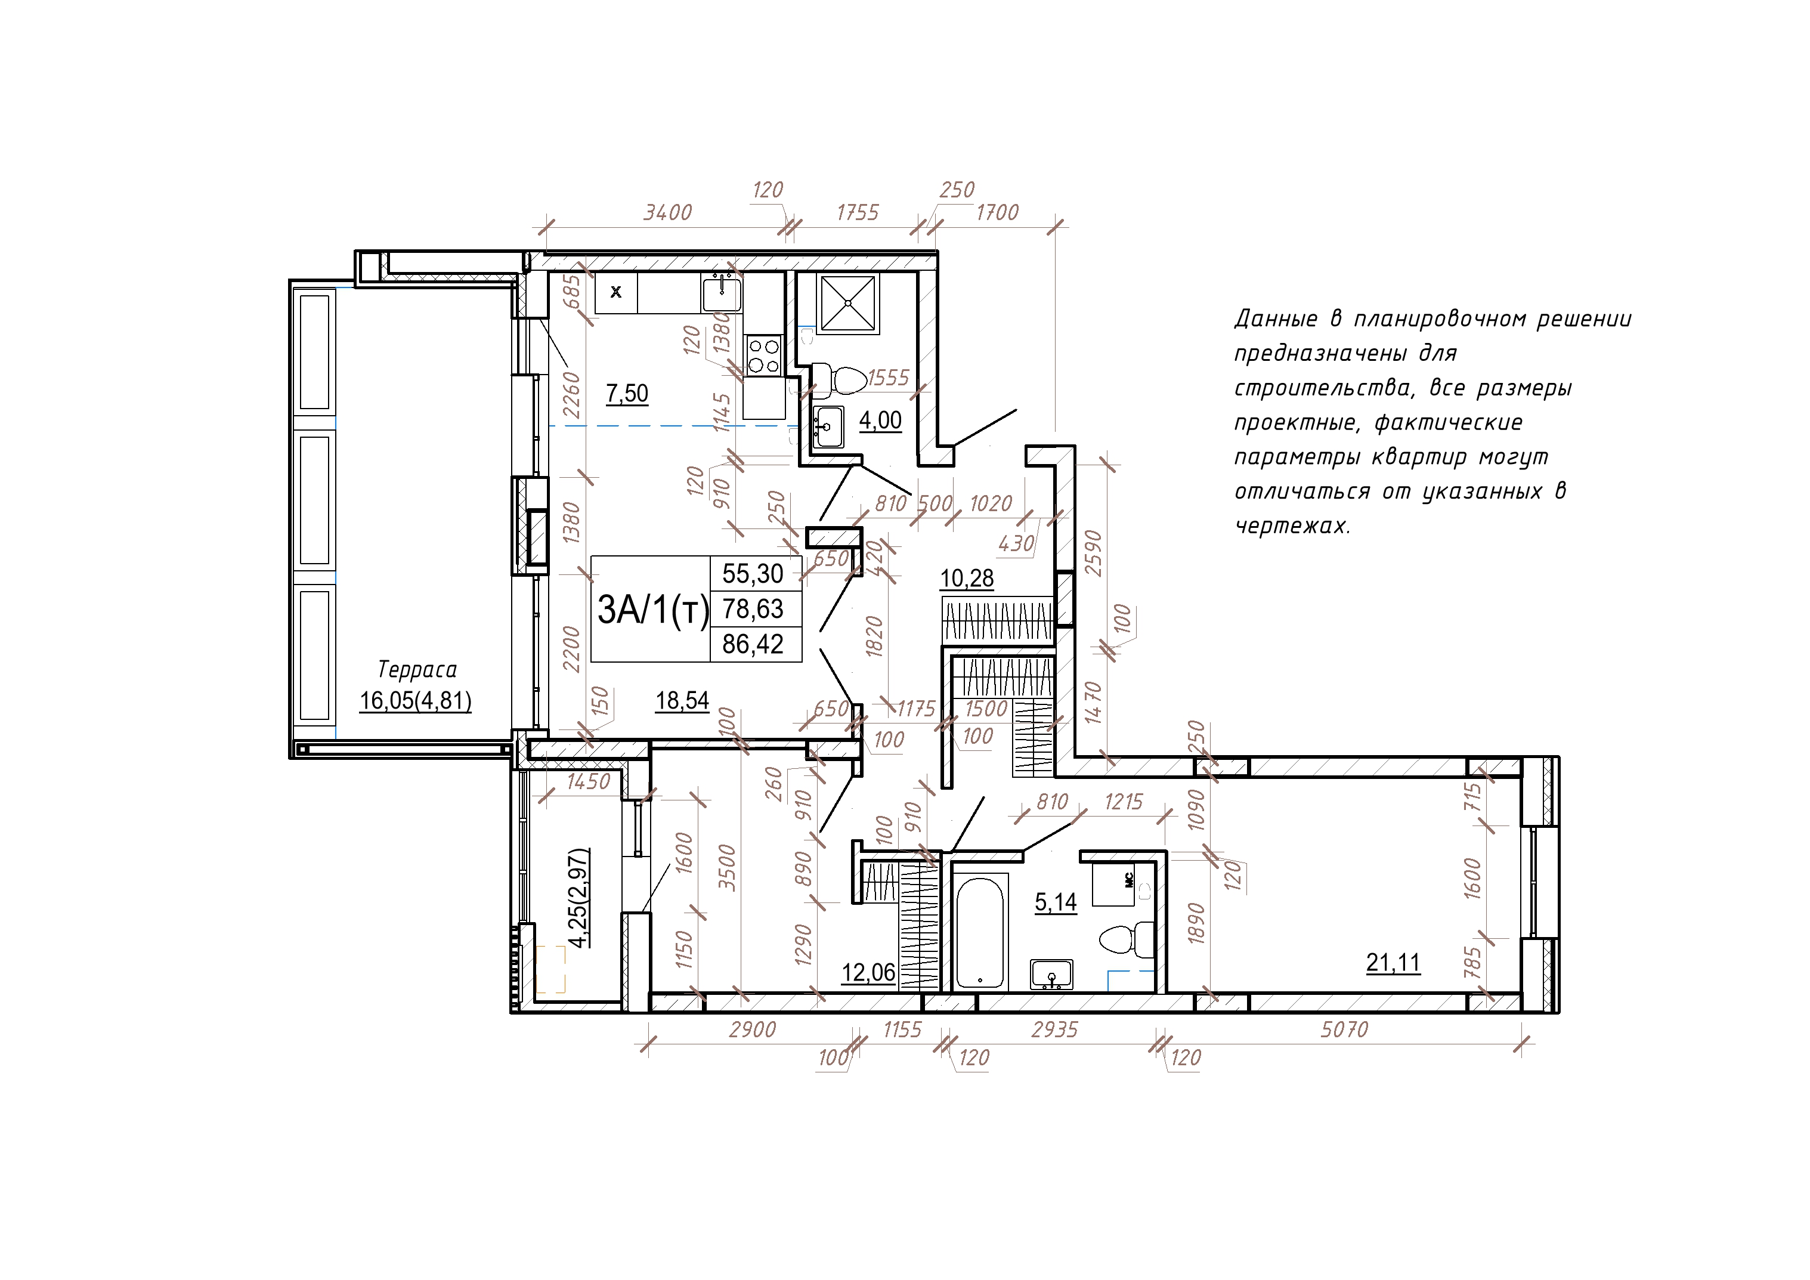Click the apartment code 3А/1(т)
pyautogui.click(x=654, y=610)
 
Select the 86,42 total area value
pyautogui.click(x=753, y=644)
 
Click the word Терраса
pyautogui.click(x=417, y=670)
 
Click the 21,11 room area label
pyautogui.click(x=1393, y=962)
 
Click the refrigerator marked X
pyautogui.click(x=615, y=293)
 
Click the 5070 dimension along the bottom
pyautogui.click(x=1344, y=1029)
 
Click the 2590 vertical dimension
pyautogui.click(x=1093, y=554)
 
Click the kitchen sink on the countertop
pyautogui.click(x=722, y=293)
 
